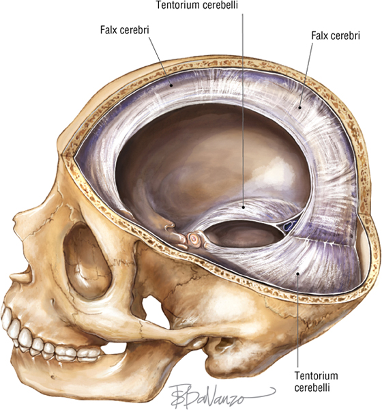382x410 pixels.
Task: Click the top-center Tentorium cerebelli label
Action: [197, 5]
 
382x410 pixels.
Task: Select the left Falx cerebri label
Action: [124, 30]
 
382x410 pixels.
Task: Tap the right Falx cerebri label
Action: [336, 35]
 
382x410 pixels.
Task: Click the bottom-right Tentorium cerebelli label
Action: [316, 381]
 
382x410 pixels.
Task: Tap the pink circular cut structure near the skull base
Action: [194, 239]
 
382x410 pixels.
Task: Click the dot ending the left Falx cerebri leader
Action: [171, 85]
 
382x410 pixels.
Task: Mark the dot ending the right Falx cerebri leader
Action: [300, 107]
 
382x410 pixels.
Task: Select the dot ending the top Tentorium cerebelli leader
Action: [244, 207]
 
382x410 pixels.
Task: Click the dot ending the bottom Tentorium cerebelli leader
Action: [297, 274]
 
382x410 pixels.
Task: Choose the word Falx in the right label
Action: [319, 35]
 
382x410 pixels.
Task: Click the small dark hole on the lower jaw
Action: [53, 377]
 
